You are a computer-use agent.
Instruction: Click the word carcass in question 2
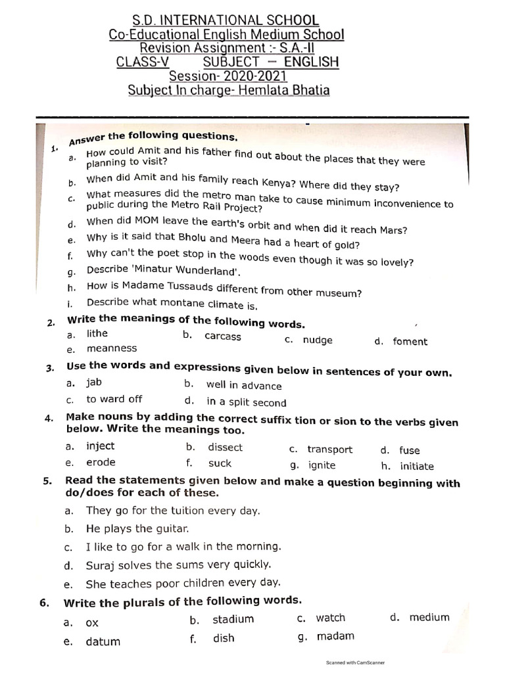(x=223, y=336)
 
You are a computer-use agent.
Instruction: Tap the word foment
(x=410, y=342)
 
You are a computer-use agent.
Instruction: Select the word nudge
(x=318, y=340)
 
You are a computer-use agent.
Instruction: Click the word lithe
(x=97, y=334)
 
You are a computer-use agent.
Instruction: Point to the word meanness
(x=112, y=348)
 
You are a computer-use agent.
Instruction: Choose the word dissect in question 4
(x=225, y=448)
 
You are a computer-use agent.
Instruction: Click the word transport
(x=329, y=450)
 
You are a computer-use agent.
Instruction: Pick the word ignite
(x=322, y=465)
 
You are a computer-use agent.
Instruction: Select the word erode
(x=100, y=462)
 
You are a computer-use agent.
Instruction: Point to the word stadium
(x=233, y=619)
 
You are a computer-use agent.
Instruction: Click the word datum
(x=103, y=642)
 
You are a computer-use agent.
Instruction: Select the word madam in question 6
(x=335, y=636)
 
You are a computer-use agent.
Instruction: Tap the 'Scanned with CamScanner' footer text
(x=355, y=662)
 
